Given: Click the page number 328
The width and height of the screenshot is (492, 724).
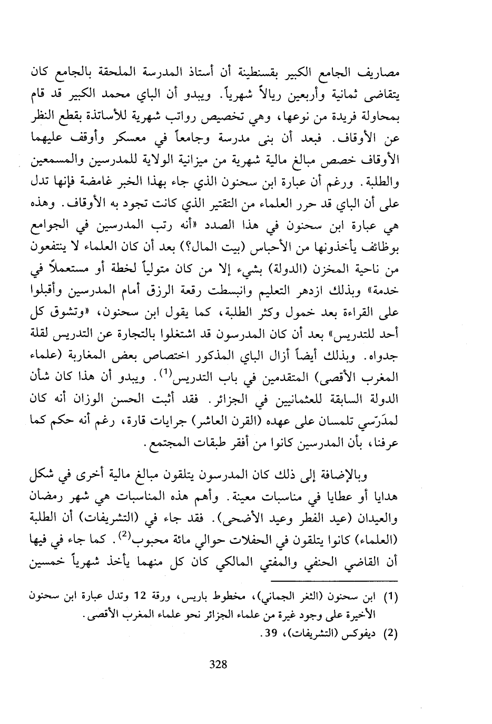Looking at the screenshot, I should coord(218,664).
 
